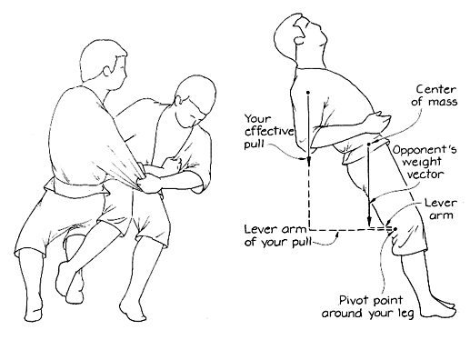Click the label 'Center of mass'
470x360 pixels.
435,95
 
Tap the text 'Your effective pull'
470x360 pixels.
269,132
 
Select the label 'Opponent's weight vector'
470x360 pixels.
425,162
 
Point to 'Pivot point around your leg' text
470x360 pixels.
368,306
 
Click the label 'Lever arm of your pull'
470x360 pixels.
277,236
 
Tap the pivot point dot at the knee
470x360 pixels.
395,229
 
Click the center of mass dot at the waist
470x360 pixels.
368,145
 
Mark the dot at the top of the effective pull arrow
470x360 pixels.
308,92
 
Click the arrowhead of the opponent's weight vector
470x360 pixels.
369,222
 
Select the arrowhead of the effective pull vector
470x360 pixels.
308,162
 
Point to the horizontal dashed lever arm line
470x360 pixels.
351,230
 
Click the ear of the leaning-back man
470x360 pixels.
299,40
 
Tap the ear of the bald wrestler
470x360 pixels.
179,101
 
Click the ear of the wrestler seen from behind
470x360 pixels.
107,72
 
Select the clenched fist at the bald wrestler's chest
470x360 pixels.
174,163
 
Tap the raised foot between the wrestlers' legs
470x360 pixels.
65,280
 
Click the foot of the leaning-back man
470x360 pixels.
437,309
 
